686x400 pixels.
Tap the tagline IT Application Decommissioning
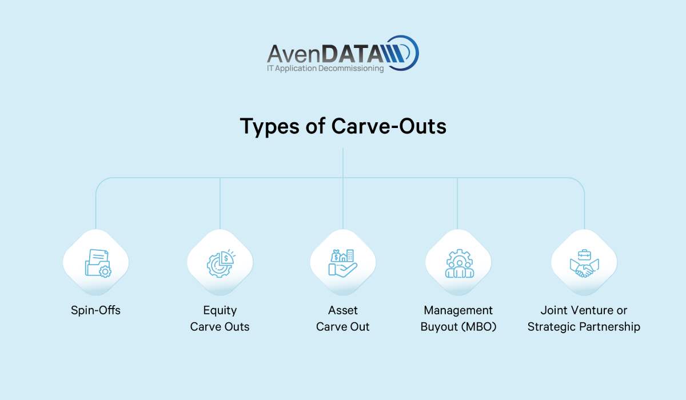pyautogui.click(x=325, y=68)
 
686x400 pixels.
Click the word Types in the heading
pyautogui.click(x=269, y=126)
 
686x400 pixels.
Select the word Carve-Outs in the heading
pyautogui.click(x=389, y=126)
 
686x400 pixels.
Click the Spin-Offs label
pyautogui.click(x=95, y=310)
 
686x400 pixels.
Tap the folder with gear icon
pyautogui.click(x=98, y=263)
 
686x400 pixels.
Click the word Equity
pyautogui.click(x=220, y=311)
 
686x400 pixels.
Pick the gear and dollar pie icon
pyautogui.click(x=221, y=263)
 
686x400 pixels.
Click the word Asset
pyautogui.click(x=342, y=310)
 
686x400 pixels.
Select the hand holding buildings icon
pyautogui.click(x=342, y=263)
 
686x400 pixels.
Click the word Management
pyautogui.click(x=458, y=310)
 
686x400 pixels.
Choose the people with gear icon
pyautogui.click(x=460, y=263)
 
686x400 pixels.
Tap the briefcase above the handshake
pyautogui.click(x=584, y=254)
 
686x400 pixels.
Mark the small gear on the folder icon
pyautogui.click(x=105, y=271)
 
